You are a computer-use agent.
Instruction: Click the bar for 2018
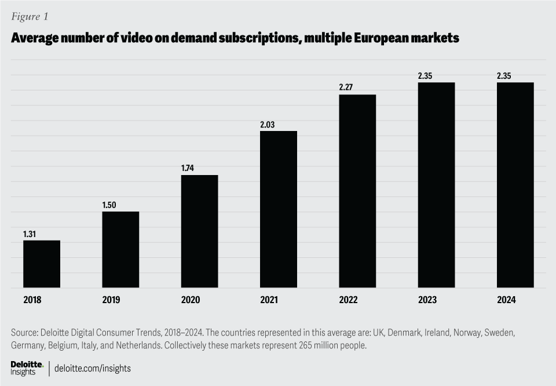click(x=42, y=264)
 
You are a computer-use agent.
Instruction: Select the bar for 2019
click(x=120, y=249)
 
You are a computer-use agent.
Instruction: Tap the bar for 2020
click(x=199, y=231)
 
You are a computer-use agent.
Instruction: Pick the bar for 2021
click(x=279, y=209)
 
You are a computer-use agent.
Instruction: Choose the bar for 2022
click(x=357, y=191)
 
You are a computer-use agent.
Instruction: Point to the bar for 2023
click(x=436, y=185)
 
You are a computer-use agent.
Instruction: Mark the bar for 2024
click(x=515, y=185)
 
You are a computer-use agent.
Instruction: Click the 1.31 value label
click(x=31, y=234)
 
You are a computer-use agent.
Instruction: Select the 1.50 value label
click(x=110, y=205)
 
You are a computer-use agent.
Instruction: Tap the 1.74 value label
click(x=189, y=169)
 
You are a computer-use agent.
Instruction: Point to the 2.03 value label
click(x=268, y=125)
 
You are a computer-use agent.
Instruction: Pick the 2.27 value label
click(x=347, y=88)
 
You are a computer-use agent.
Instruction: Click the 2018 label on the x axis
click(x=32, y=300)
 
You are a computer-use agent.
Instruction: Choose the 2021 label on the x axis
click(x=269, y=300)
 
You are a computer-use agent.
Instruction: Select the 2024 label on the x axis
click(x=506, y=300)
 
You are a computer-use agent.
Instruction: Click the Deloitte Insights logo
click(x=27, y=367)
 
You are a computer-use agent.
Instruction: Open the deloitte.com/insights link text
click(x=93, y=368)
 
